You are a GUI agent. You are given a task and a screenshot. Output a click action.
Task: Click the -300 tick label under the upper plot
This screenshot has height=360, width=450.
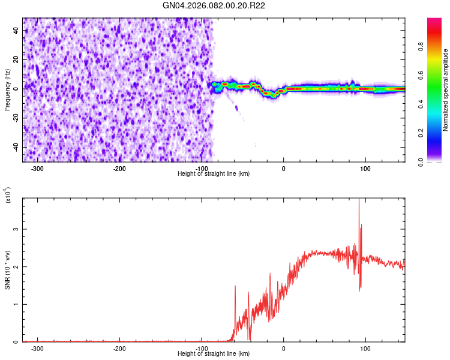pos(38,169)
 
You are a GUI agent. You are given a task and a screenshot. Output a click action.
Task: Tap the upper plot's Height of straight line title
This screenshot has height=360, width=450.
pos(214,174)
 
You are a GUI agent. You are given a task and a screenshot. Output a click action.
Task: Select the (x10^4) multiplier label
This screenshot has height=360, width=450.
pos(8,195)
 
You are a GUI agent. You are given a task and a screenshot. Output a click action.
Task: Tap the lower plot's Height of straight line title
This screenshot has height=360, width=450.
pos(214,354)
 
